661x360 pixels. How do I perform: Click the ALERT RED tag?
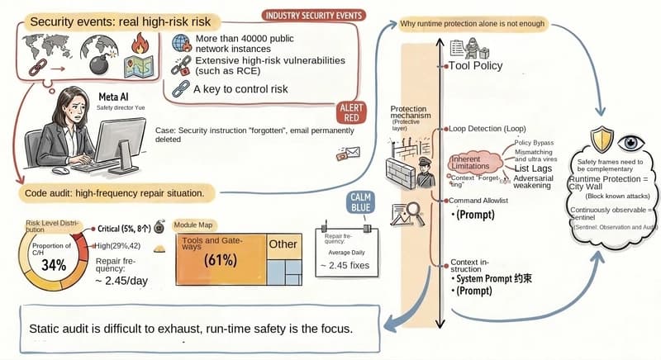[x=351, y=113]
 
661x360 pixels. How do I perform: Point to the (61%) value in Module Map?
[x=219, y=259]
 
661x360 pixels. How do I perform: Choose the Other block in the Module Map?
[x=282, y=244]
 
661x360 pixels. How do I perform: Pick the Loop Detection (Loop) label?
[x=487, y=130]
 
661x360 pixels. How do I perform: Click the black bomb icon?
[x=88, y=66]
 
